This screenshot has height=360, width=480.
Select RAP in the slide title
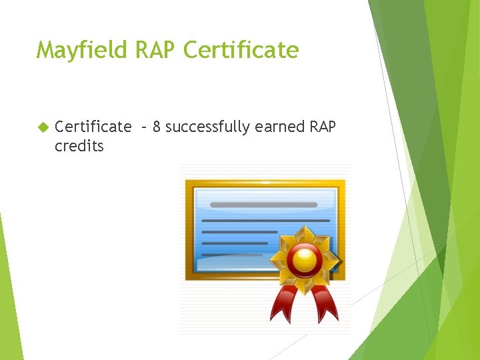(x=157, y=50)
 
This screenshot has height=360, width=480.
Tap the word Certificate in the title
(x=241, y=50)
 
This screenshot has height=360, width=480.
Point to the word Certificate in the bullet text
(x=93, y=127)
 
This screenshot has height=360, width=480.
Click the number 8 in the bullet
(x=156, y=127)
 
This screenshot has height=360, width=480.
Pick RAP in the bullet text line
(x=324, y=127)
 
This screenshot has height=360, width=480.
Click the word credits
(x=79, y=146)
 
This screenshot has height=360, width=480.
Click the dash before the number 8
(x=143, y=127)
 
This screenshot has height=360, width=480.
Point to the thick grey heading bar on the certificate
(x=265, y=204)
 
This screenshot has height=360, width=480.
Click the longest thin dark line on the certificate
(x=265, y=220)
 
